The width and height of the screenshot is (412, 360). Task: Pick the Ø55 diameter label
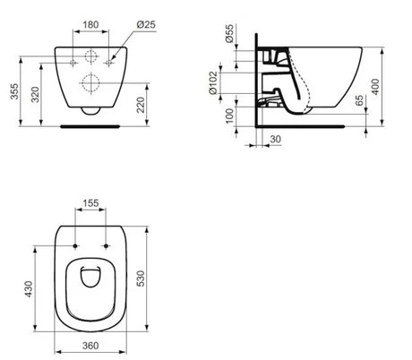[230, 33]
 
